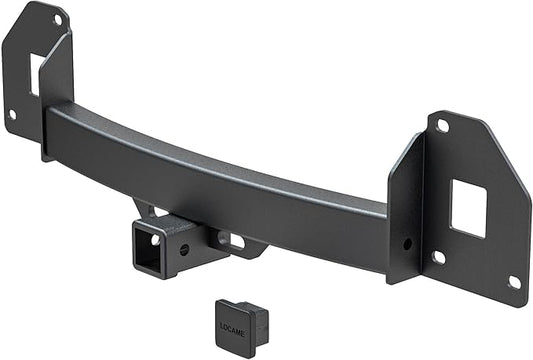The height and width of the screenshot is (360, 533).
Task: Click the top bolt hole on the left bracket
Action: pos(57,18)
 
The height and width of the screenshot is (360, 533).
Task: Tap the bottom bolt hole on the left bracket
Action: pos(12,114)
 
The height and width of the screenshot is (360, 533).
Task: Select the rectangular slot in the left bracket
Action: pos(35,73)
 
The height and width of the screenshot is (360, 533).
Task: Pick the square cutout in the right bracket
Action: pos(467,208)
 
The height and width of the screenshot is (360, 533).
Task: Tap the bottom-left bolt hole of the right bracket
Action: pos(438,257)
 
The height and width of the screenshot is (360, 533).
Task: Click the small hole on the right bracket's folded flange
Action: pos(407,243)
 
